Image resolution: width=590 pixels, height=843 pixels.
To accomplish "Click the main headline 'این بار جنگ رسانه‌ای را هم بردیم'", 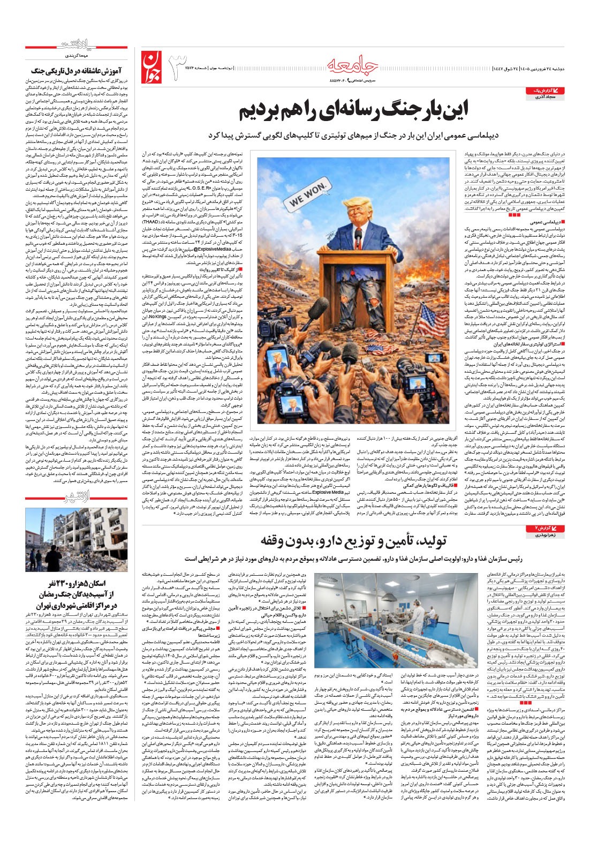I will tap(353, 111).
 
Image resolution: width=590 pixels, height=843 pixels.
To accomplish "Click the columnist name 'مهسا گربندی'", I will tap(112, 56).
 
